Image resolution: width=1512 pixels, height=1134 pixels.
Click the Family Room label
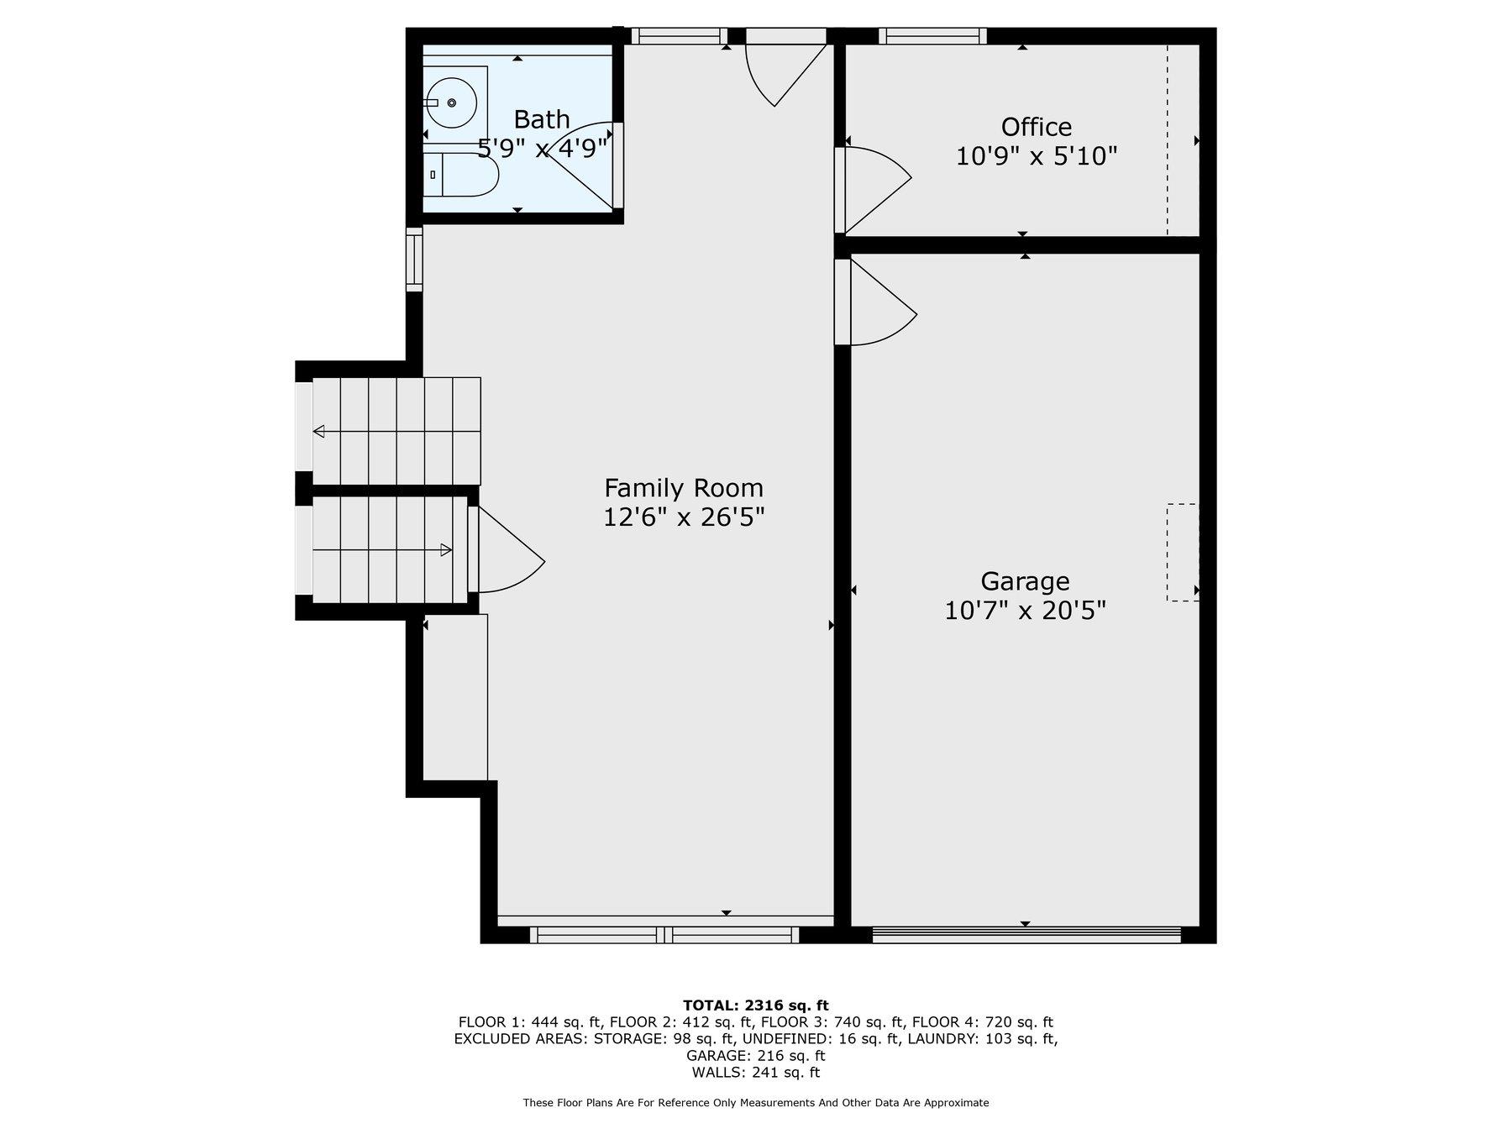[x=684, y=488]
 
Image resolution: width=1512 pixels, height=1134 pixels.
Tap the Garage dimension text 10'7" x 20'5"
[x=1025, y=611]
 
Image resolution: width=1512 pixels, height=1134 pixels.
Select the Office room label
[x=1036, y=127]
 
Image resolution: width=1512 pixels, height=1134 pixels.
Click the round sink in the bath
[x=451, y=102]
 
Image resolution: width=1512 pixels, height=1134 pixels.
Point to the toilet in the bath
[x=462, y=175]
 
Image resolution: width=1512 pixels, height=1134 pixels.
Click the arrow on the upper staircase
[x=319, y=432]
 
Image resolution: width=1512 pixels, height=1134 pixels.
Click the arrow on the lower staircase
[x=446, y=550]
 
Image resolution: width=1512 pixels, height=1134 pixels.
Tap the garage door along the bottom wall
[x=1026, y=934]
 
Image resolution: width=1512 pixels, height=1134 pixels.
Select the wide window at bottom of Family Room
[x=664, y=934]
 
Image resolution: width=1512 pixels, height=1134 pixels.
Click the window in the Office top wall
[x=932, y=35]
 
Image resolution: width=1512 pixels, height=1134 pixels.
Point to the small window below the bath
[x=414, y=260]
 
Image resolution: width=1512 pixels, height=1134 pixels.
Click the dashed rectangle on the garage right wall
[x=1182, y=552]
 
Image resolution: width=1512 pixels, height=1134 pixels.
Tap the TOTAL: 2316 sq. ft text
[x=755, y=1005]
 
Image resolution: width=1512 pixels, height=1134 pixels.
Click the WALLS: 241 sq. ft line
[x=755, y=1073]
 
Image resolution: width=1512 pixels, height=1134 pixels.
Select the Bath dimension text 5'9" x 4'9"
[x=542, y=149]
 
